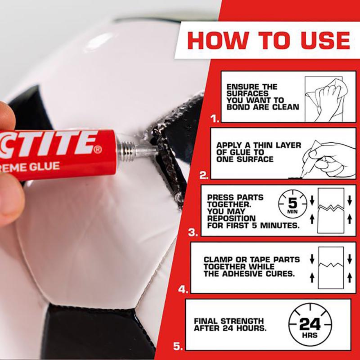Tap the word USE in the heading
[x=321, y=41]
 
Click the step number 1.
[x=215, y=119]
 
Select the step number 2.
[x=204, y=176]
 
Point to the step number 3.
[x=193, y=233]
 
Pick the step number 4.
[x=183, y=289]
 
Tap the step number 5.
[x=178, y=346]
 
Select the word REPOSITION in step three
[x=231, y=219]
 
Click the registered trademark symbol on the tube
[x=97, y=149]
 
